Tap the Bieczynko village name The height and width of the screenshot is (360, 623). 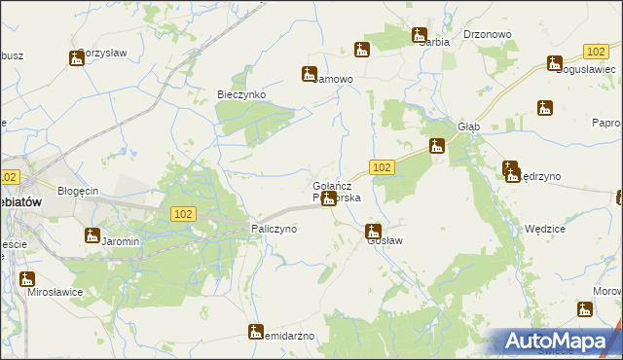239,94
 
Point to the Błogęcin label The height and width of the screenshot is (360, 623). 79,191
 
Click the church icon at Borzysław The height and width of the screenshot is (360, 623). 77,58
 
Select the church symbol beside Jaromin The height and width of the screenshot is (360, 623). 92,234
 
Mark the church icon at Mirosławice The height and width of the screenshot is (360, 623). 27,279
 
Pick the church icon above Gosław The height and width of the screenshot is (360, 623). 372,232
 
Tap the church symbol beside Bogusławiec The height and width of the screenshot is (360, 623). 554,64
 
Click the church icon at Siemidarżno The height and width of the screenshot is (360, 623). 256,332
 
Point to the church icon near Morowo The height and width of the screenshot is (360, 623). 585,309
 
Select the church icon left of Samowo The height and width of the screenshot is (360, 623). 309,73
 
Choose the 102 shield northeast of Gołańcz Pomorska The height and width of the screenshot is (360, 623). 382,167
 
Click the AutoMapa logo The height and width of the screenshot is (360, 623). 561,342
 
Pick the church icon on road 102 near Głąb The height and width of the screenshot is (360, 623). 437,147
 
